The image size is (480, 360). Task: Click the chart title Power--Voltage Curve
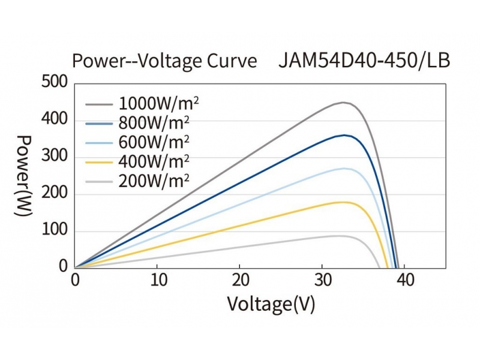point(164,61)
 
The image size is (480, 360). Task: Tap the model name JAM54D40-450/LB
point(364,61)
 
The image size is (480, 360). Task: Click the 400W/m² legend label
point(155,161)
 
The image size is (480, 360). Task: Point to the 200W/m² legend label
point(155,180)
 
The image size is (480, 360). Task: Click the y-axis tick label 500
point(55,83)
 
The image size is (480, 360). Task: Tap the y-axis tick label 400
point(55,120)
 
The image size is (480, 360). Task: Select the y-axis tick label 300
point(55,157)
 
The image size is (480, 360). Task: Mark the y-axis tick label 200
point(55,194)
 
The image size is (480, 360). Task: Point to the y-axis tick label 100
point(55,231)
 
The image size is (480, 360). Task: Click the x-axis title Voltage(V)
point(271,304)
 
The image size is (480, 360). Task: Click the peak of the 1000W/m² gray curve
point(344,103)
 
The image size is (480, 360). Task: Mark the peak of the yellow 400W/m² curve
point(344,202)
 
